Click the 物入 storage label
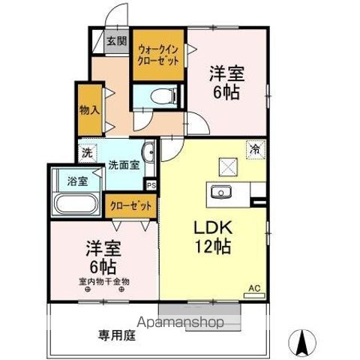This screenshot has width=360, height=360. tap(88, 109)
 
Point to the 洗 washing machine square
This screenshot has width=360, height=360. tap(87, 152)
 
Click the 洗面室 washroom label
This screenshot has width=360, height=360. tap(122, 164)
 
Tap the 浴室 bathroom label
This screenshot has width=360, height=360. tap(76, 181)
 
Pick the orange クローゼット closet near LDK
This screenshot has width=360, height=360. tap(131, 205)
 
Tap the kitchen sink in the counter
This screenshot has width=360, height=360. tap(221, 191)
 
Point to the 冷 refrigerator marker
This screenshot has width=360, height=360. tap(255, 148)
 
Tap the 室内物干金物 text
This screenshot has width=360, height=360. tap(104, 281)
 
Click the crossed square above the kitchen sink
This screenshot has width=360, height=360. tap(226, 166)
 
